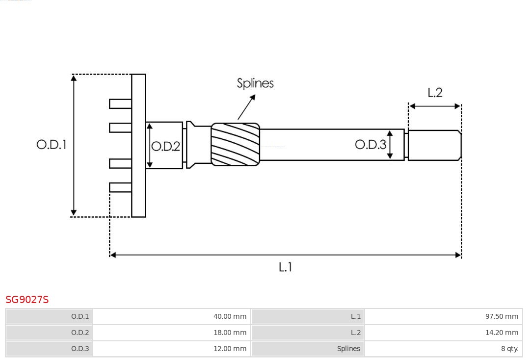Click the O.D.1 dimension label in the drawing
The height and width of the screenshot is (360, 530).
pyautogui.click(x=51, y=145)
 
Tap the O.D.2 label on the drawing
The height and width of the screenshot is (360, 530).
pyautogui.click(x=165, y=146)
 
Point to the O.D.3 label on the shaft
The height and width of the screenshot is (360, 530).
pyautogui.click(x=371, y=144)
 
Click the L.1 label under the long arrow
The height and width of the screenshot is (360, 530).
pyautogui.click(x=285, y=267)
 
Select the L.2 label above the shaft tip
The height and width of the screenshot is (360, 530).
pyautogui.click(x=435, y=93)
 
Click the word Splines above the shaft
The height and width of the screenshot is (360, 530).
pyautogui.click(x=255, y=83)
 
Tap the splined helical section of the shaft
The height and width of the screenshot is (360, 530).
pyautogui.click(x=235, y=144)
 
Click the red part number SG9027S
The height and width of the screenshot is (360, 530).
pyautogui.click(x=27, y=299)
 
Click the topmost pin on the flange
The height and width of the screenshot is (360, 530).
pyautogui.click(x=120, y=103)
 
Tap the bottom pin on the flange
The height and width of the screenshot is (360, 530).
pyautogui.click(x=120, y=187)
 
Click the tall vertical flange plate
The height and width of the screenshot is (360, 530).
pyautogui.click(x=138, y=145)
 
